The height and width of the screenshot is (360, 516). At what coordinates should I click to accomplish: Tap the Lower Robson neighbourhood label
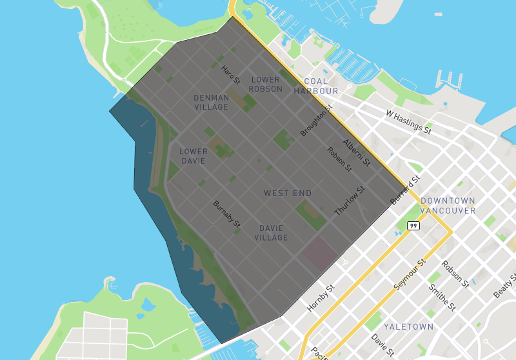(x=266, y=84)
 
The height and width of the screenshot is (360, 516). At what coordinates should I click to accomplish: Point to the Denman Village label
(x=211, y=102)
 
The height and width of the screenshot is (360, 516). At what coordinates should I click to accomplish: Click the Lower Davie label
(x=193, y=156)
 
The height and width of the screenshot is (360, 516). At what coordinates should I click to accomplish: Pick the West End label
(x=288, y=193)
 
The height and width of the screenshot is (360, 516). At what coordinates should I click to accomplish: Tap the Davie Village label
(x=271, y=233)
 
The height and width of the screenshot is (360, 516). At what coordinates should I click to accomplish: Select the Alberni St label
(x=357, y=153)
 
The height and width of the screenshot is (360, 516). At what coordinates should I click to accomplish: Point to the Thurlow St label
(x=350, y=200)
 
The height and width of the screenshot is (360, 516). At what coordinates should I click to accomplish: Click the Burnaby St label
(x=226, y=214)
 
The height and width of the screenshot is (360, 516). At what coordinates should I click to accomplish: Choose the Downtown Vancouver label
(x=448, y=206)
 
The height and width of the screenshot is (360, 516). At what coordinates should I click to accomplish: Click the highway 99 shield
(x=413, y=226)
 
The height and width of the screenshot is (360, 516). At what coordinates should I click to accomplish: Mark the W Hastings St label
(x=408, y=122)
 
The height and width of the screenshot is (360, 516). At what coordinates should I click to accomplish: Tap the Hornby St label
(x=321, y=299)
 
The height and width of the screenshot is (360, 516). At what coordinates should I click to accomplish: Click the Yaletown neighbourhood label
(x=408, y=327)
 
